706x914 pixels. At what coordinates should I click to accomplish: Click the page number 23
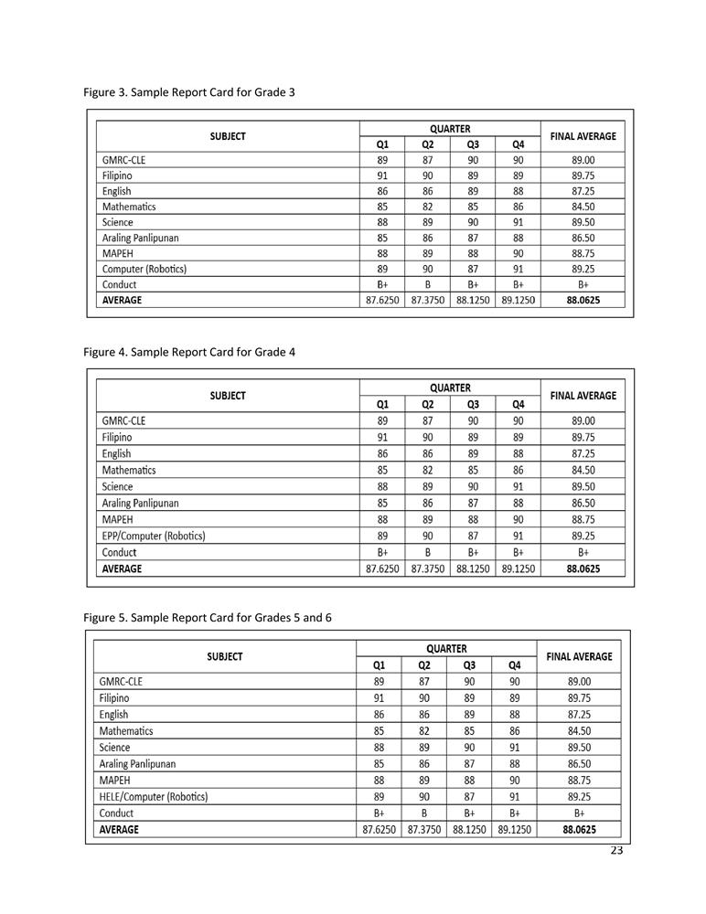[x=616, y=851]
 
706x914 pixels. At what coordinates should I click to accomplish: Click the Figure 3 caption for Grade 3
[x=188, y=92]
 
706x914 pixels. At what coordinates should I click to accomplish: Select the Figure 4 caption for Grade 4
[x=188, y=352]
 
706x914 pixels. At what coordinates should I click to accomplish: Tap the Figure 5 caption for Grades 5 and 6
[x=207, y=617]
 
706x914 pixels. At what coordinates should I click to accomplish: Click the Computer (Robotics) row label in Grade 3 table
[x=144, y=269]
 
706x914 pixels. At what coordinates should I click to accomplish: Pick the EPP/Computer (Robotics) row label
[x=154, y=536]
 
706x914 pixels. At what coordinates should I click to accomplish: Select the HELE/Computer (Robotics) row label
[x=153, y=796]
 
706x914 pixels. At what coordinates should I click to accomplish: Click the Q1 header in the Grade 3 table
[x=382, y=144]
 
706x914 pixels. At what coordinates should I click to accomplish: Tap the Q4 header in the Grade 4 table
[x=519, y=404]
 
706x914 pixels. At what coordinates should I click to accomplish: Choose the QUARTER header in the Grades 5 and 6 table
[x=446, y=648]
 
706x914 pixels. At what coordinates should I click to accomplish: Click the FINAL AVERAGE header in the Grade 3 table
[x=583, y=136]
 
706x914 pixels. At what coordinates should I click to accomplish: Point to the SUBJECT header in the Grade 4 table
[x=227, y=396]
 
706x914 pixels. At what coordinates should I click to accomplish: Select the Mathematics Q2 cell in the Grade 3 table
[x=427, y=207]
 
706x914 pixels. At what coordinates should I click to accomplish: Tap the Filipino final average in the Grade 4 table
[x=583, y=437]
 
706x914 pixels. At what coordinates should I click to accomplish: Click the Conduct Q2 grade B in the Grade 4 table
[x=427, y=552]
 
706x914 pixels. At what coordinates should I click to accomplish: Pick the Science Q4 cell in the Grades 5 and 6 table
[x=515, y=747]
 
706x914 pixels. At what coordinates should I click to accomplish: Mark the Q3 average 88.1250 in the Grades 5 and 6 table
[x=470, y=830]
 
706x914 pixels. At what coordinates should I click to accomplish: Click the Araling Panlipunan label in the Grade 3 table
[x=140, y=238]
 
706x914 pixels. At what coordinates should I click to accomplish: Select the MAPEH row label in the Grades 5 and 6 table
[x=114, y=780]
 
